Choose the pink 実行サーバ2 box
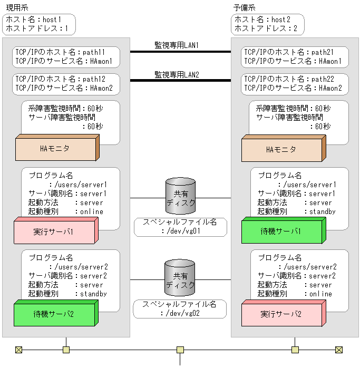(x=280, y=314)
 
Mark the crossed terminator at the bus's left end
(x=19, y=350)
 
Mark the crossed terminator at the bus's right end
(x=339, y=350)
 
